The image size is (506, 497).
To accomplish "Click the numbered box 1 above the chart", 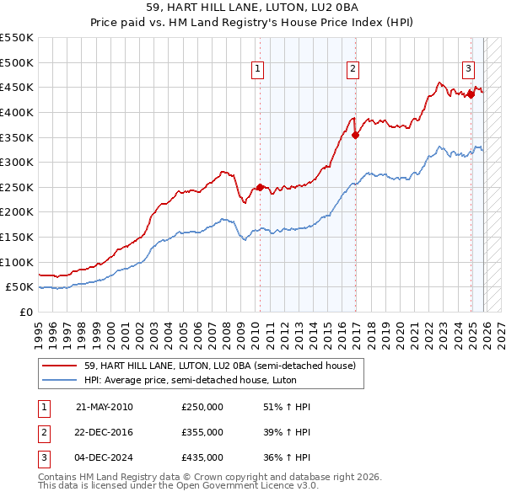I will point(256,70).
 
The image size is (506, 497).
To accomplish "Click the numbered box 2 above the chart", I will point(353,70).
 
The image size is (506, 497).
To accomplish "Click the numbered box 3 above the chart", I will point(468,70).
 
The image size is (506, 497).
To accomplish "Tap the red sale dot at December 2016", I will point(356,135).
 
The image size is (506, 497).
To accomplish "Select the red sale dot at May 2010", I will point(260,187).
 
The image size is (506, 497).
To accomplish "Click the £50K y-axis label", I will point(20,287).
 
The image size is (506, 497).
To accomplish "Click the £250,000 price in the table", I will point(202,407).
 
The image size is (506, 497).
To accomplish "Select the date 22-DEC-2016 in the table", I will point(105,432).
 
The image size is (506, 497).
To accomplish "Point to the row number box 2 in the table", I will point(43,432).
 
